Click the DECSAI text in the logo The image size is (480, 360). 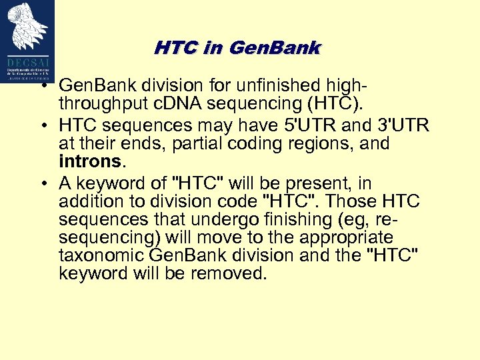pos(27,59)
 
